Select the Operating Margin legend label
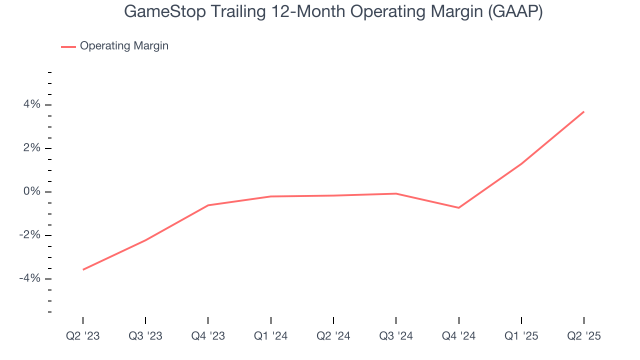[124, 46]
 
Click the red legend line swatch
[68, 46]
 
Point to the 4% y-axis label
[31, 105]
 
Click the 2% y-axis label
[31, 148]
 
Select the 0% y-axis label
[31, 192]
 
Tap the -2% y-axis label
[29, 235]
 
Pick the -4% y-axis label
[29, 279]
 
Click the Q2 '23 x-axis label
[83, 336]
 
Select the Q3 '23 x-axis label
[145, 336]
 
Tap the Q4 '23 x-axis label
[208, 336]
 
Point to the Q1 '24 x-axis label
[270, 336]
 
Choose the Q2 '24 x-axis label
[333, 336]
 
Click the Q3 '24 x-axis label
[396, 336]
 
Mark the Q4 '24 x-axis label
[458, 336]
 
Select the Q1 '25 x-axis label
[521, 336]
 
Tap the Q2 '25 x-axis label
[584, 336]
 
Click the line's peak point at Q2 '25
[584, 111]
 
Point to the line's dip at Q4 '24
[458, 207]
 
